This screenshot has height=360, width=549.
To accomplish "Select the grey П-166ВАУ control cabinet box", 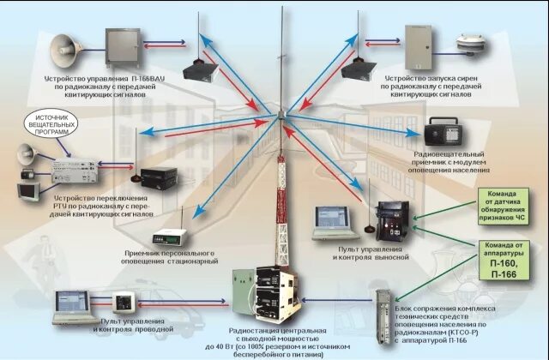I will coord(121,46).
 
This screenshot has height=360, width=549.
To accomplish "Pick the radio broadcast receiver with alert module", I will coord(445,131).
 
